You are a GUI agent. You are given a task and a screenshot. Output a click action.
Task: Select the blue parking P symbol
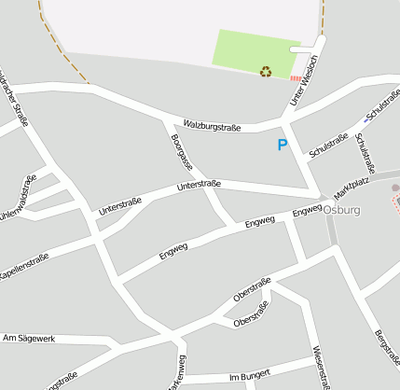283,146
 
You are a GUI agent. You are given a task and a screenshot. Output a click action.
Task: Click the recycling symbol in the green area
266,71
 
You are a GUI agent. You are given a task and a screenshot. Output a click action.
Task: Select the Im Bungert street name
249,375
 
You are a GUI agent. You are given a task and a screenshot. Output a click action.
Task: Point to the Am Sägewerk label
30,338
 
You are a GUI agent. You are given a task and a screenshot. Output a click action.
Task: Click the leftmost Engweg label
173,250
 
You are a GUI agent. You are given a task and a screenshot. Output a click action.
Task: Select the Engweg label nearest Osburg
307,213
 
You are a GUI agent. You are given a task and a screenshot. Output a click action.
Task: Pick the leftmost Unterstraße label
119,206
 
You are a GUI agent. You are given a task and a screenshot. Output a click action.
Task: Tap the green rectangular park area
248,50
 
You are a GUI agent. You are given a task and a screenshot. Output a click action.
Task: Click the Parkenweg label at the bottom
173,373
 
